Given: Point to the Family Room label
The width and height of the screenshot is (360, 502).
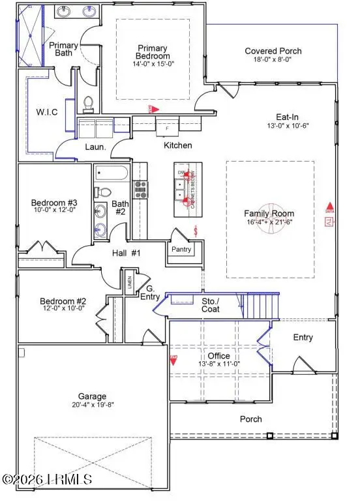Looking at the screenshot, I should click(269, 213).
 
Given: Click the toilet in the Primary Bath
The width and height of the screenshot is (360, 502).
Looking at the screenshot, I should click(89, 104).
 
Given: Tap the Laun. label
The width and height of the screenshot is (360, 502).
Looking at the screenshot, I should click(95, 147).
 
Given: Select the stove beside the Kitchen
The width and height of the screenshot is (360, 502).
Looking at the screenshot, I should click(140, 189).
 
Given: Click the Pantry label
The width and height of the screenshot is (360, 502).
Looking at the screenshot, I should click(180, 249).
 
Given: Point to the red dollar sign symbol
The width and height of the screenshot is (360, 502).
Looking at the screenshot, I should click(196, 231).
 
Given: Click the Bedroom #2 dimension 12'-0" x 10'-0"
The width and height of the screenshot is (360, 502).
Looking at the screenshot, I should click(63, 309).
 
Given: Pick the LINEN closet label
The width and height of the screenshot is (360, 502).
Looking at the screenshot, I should click(129, 280).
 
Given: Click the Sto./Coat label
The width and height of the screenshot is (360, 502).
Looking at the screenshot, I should click(210, 304).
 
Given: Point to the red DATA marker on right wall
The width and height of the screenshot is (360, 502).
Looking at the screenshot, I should click(329, 209).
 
